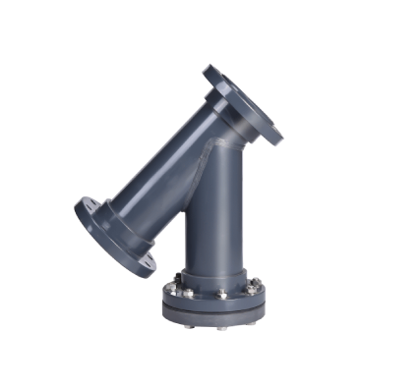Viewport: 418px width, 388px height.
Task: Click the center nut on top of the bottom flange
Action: [221, 294]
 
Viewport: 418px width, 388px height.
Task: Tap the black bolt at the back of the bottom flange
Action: [177, 278]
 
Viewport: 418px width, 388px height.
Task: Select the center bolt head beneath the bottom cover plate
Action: [220, 327]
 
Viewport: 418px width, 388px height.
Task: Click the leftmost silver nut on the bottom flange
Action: [170, 289]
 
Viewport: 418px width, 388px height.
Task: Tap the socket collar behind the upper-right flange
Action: [223, 113]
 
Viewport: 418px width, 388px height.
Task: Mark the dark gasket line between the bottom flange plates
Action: [216, 308]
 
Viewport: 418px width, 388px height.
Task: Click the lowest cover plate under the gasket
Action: [216, 315]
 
